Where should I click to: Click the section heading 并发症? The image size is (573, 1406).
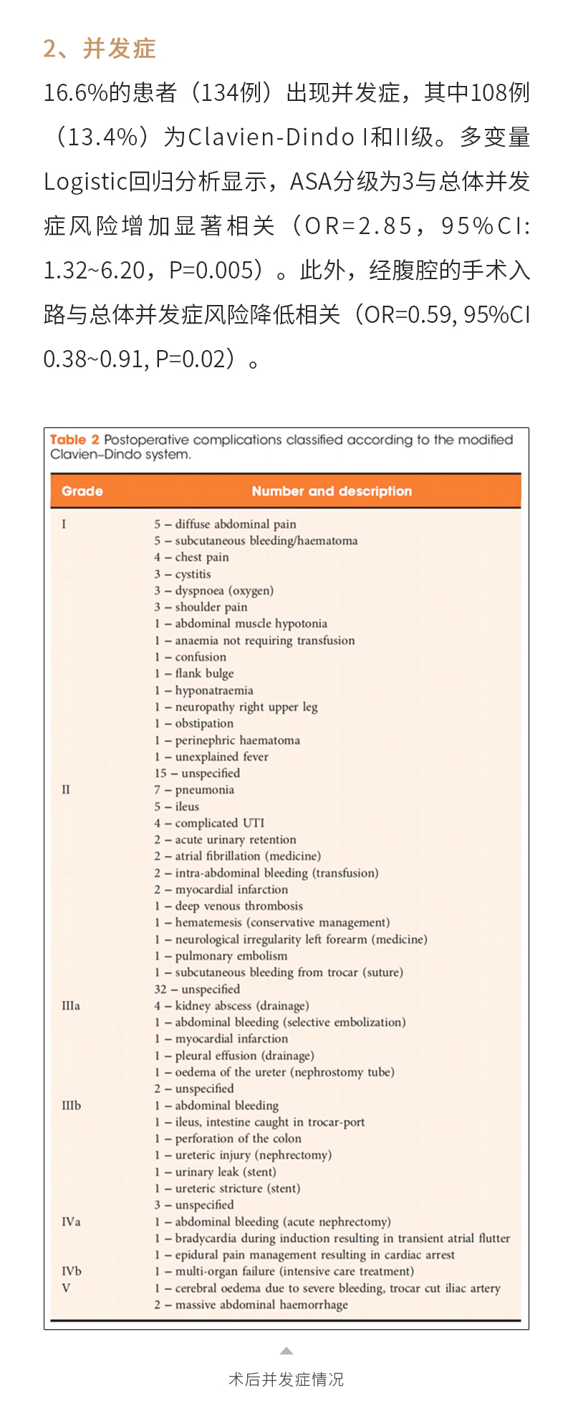(x=119, y=49)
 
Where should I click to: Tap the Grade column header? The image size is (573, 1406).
(x=82, y=491)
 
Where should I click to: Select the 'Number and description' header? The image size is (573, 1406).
(x=332, y=491)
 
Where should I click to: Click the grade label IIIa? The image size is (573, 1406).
(x=71, y=1006)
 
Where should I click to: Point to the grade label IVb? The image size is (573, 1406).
(x=72, y=1271)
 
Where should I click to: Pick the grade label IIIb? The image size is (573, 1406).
(x=72, y=1105)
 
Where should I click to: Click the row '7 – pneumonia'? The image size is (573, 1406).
(x=194, y=790)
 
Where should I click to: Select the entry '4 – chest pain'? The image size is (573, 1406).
(x=191, y=557)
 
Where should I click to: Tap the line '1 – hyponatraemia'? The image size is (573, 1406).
(x=203, y=690)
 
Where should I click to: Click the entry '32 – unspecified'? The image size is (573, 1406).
(x=197, y=989)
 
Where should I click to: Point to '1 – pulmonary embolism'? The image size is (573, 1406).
(x=221, y=956)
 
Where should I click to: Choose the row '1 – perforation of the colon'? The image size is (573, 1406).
(x=228, y=1138)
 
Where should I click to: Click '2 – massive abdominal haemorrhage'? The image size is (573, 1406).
(x=251, y=1304)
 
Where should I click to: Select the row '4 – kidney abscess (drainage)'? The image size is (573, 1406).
(x=231, y=1006)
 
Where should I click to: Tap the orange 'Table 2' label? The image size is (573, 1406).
(x=74, y=440)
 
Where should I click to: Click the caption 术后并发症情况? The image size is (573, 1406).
(x=286, y=1379)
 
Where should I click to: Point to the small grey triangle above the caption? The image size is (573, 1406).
(x=286, y=1351)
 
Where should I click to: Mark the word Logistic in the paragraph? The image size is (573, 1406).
(x=85, y=182)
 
